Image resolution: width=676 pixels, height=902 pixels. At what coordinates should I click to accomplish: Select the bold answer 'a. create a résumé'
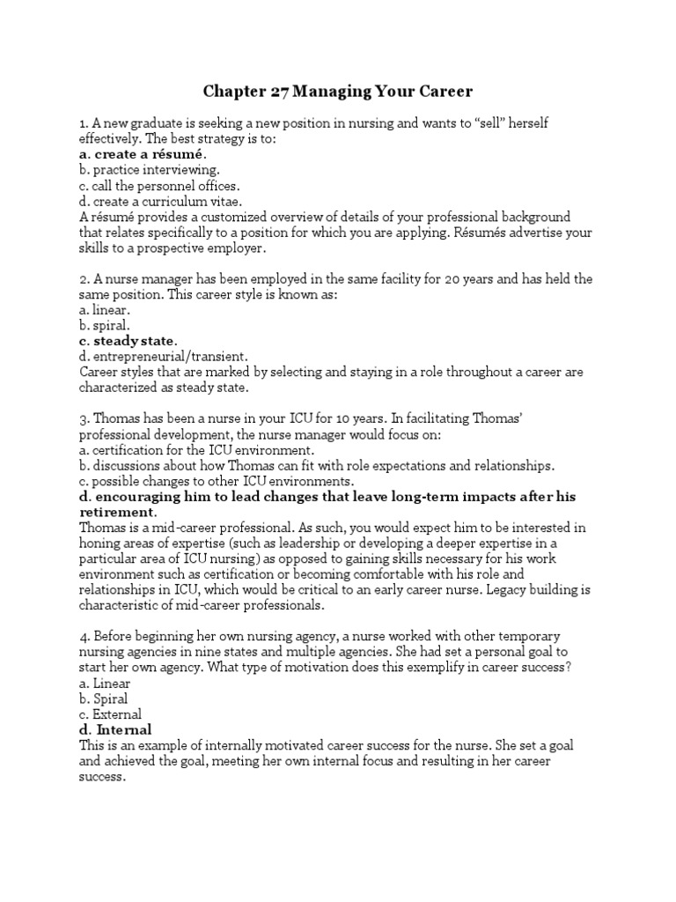pos(143,154)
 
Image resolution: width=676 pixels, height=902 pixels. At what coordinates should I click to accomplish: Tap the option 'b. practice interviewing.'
pos(150,170)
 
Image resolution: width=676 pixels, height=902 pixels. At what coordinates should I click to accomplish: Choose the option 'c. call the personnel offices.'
pos(159,186)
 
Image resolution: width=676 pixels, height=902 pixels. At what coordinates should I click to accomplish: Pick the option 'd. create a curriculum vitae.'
pos(158,202)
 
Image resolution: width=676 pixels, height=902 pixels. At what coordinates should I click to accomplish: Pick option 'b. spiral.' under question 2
pos(105,326)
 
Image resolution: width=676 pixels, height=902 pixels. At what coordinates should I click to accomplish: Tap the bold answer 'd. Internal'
pos(115,730)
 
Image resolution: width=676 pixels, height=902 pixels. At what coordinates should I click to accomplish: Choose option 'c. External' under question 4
pos(110,714)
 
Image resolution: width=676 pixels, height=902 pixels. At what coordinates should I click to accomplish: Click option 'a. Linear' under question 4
pos(105,684)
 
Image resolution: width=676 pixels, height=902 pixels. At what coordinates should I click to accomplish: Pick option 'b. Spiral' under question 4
pos(105,699)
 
